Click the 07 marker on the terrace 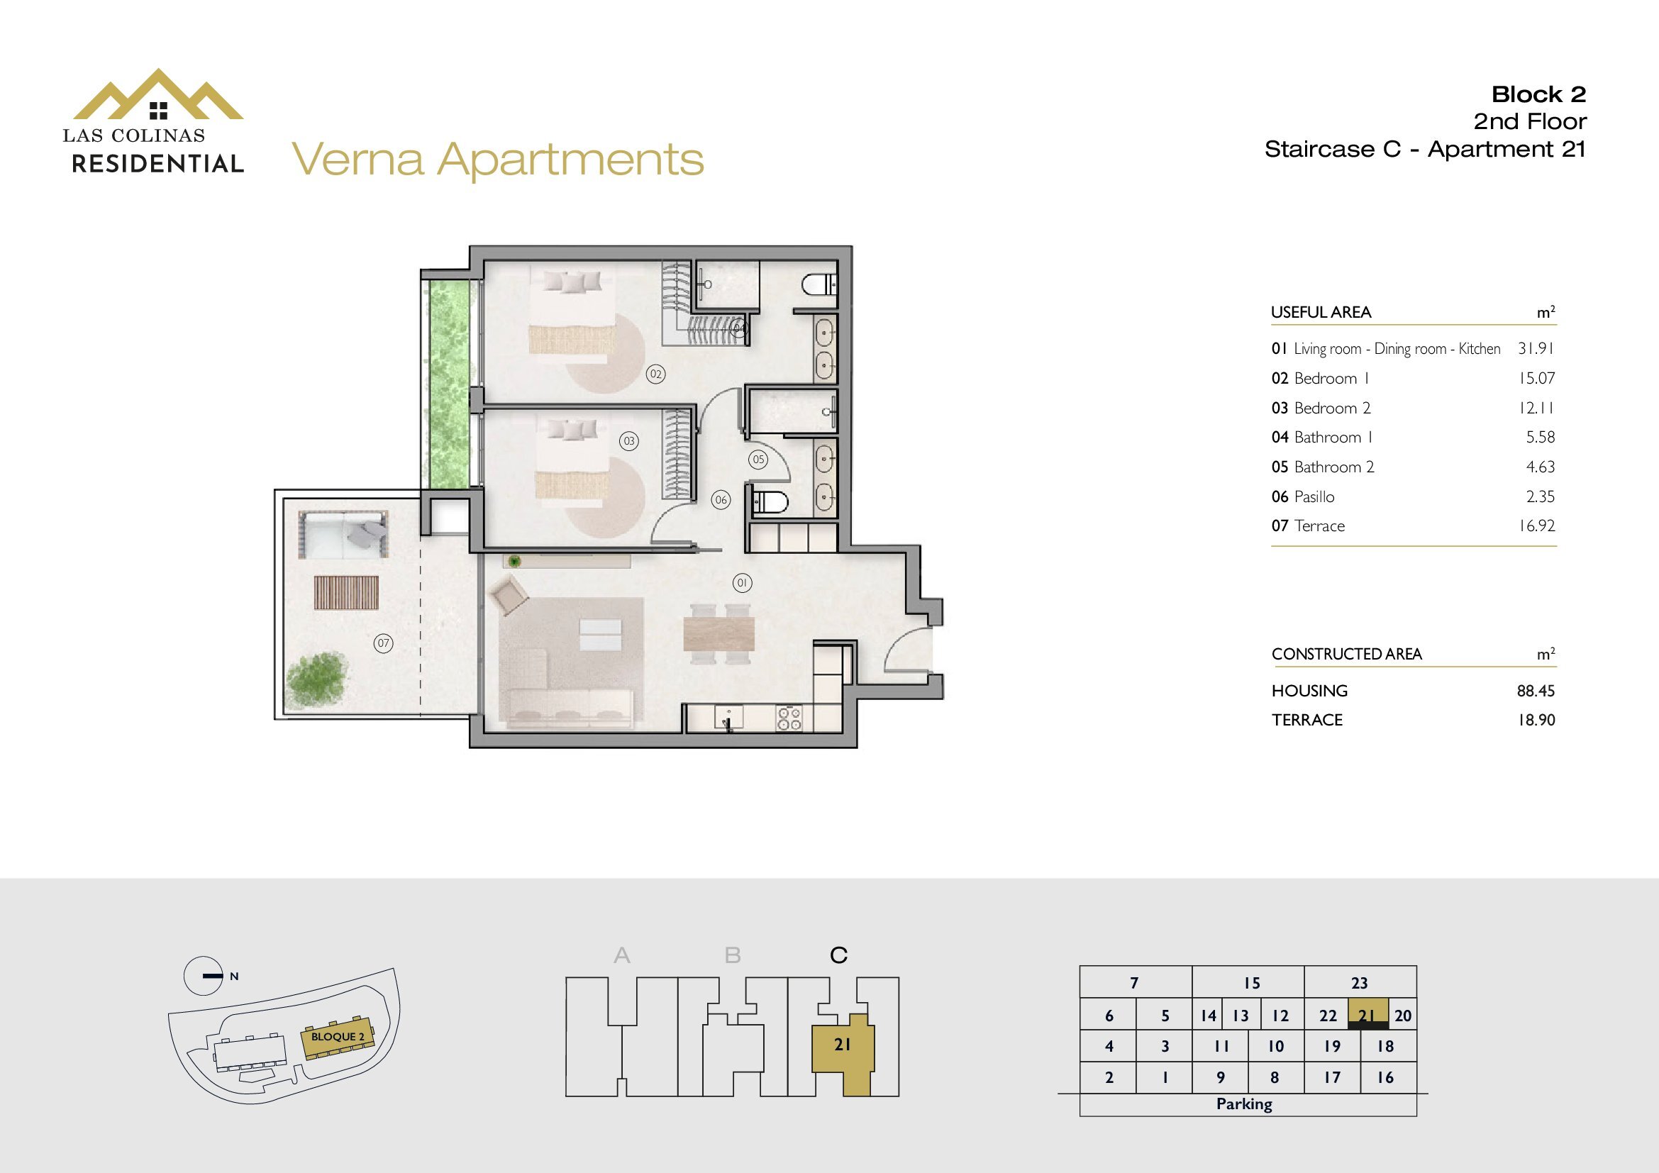pyautogui.click(x=383, y=643)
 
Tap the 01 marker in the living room pyautogui.click(x=741, y=582)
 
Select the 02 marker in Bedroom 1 pyautogui.click(x=655, y=374)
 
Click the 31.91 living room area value pyautogui.click(x=1536, y=348)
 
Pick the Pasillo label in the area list pyautogui.click(x=1314, y=497)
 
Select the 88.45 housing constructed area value pyautogui.click(x=1536, y=691)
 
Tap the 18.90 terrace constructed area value pyautogui.click(x=1536, y=720)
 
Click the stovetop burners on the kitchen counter pyautogui.click(x=788, y=718)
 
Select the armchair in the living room pyautogui.click(x=509, y=594)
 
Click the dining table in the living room pyautogui.click(x=718, y=633)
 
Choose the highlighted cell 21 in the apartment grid pyautogui.click(x=1367, y=1014)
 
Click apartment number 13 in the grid pyautogui.click(x=1241, y=1016)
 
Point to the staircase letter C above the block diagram pyautogui.click(x=838, y=955)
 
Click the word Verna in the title pyautogui.click(x=357, y=160)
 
